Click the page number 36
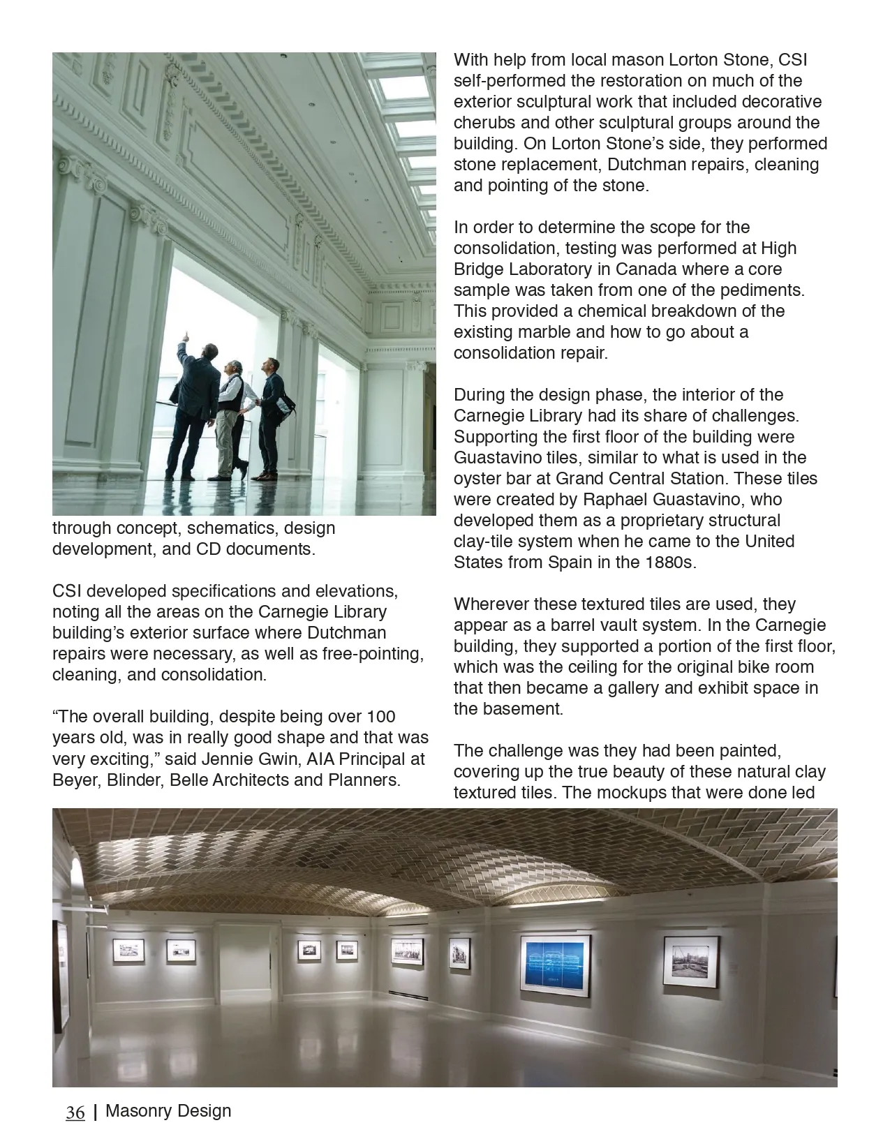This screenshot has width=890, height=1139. pyautogui.click(x=75, y=1112)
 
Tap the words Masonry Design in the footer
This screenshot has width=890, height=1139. pyautogui.click(x=168, y=1110)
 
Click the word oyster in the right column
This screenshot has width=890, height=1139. pyautogui.click(x=475, y=479)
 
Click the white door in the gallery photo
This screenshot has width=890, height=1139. pyautogui.click(x=244, y=970)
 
